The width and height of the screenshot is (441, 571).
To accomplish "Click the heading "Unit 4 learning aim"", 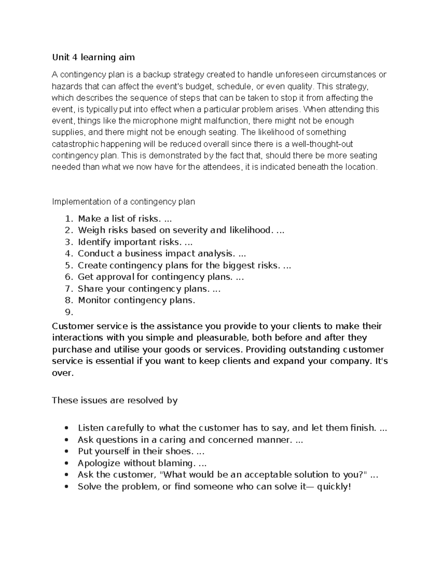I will coord(93,57).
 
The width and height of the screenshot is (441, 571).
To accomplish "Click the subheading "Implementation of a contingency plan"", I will coord(123,202).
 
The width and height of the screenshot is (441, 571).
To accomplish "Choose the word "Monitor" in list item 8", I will coord(94,300).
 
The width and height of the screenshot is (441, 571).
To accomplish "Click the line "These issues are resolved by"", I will coord(115,400).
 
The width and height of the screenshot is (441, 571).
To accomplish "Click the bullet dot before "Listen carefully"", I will coord(66,428).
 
